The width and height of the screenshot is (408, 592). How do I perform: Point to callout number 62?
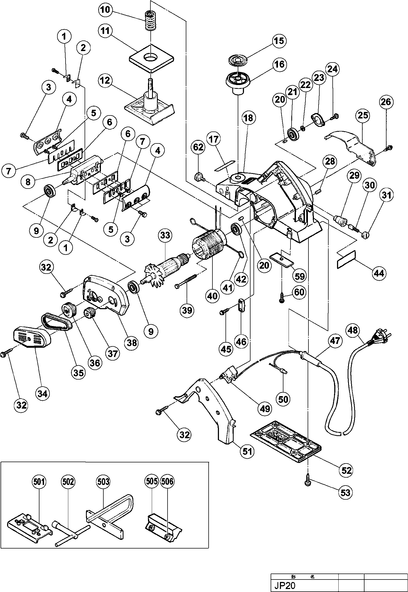pos(198,147)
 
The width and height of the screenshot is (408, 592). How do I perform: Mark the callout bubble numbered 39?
pos(187,310)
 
